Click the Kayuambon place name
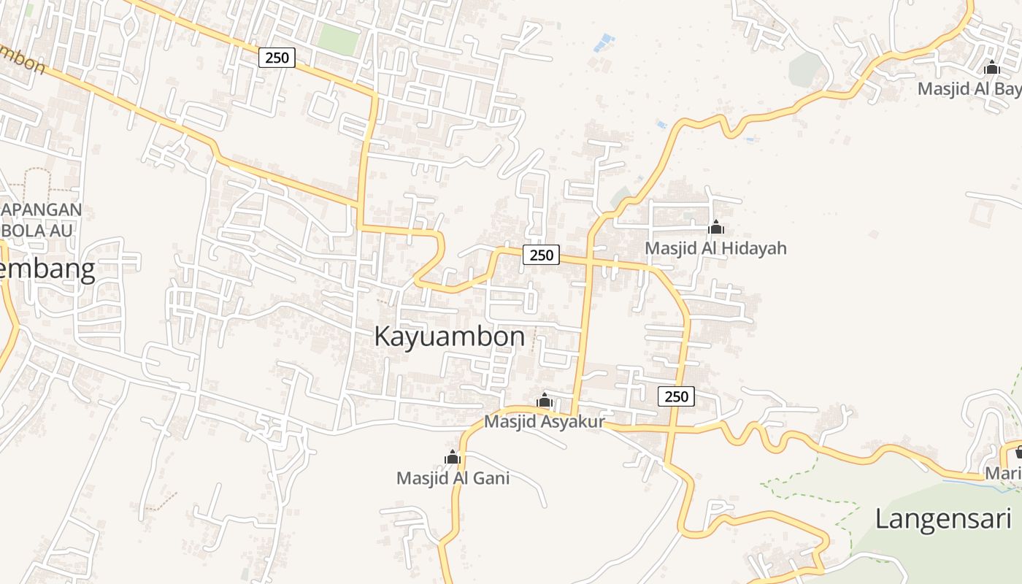pyautogui.click(x=449, y=337)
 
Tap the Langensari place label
pyautogui.click(x=943, y=519)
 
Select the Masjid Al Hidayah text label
pyautogui.click(x=715, y=248)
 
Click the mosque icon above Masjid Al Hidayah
pyautogui.click(x=716, y=227)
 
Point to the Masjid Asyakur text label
pyautogui.click(x=545, y=422)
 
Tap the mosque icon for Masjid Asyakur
pyautogui.click(x=545, y=400)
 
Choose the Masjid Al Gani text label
pyautogui.click(x=453, y=478)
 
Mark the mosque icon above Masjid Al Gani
pyautogui.click(x=453, y=457)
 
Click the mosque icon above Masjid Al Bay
pyautogui.click(x=991, y=67)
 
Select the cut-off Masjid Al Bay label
pyautogui.click(x=969, y=89)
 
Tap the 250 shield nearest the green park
pyautogui.click(x=277, y=57)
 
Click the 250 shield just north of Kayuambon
pyautogui.click(x=541, y=255)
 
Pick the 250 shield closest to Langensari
pyautogui.click(x=676, y=396)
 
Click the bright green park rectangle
pyautogui.click(x=339, y=39)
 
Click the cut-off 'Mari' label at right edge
pyautogui.click(x=1003, y=473)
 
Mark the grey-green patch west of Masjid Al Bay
pyautogui.click(x=806, y=69)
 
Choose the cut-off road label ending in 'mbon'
pyautogui.click(x=22, y=61)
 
